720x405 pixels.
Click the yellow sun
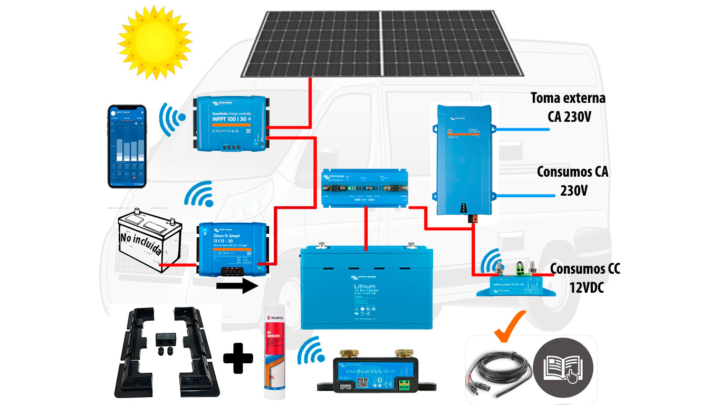click(154, 41)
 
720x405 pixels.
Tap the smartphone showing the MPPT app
click(127, 146)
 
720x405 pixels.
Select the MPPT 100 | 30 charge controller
click(230, 123)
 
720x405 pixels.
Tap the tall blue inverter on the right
click(464, 158)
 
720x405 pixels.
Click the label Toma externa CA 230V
click(568, 107)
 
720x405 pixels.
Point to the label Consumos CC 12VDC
click(585, 278)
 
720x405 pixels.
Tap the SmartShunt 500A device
click(370, 372)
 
